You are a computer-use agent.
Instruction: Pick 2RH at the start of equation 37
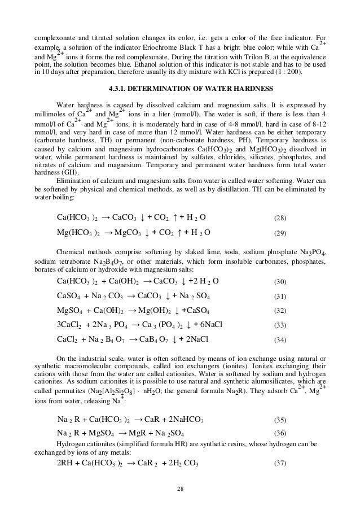click(x=67, y=463)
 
